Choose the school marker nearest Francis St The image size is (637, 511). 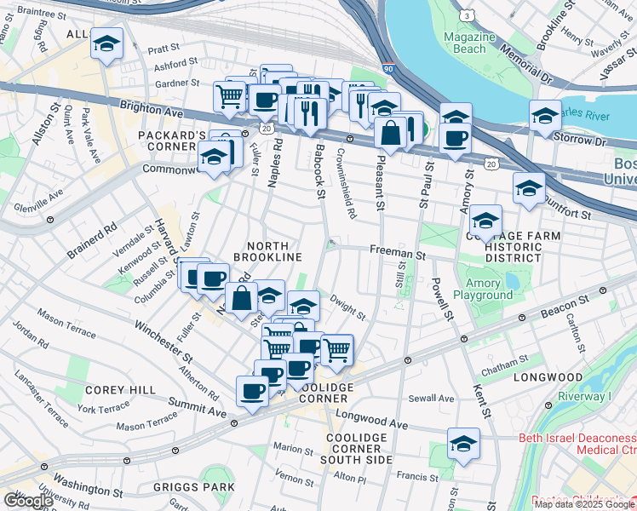[463, 444]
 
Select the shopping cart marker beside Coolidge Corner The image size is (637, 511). [337, 348]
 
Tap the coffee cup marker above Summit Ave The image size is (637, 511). [252, 391]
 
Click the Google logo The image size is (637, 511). [28, 500]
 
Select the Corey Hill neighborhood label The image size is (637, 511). [120, 389]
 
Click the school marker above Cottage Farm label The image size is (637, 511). [485, 223]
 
